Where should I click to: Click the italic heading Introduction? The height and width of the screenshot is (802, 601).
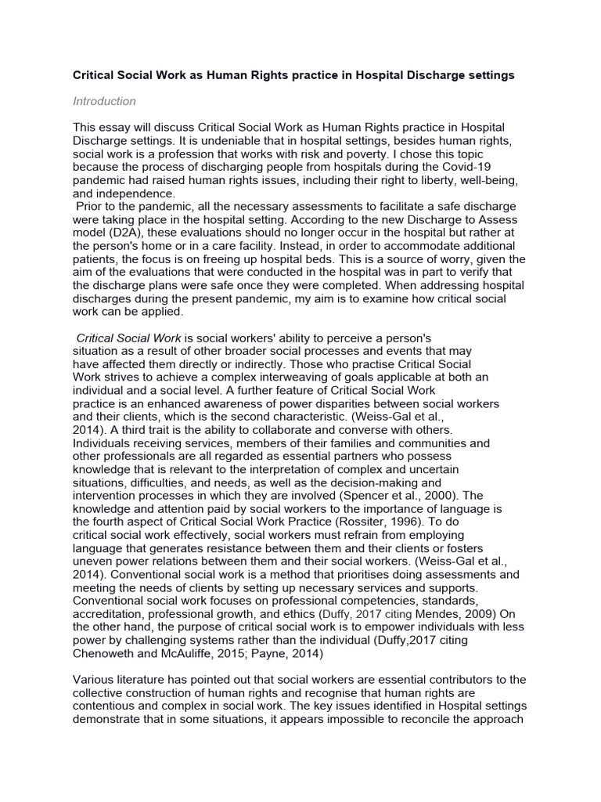click(104, 101)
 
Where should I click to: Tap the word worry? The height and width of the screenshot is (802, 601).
click(437, 259)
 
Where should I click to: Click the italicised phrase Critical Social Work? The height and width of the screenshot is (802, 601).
click(129, 338)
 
